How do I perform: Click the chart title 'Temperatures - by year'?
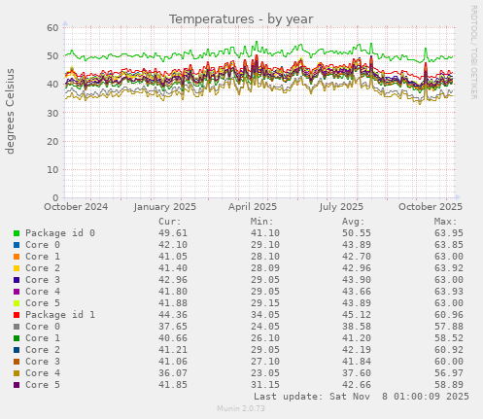pos(241,18)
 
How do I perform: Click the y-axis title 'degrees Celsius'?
pos(12,112)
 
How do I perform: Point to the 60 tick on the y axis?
pos(52,27)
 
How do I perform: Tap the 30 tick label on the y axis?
pos(52,113)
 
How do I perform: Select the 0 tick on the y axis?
pos(55,198)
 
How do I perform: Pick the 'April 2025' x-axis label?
pos(252,207)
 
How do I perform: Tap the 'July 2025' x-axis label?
pos(341,207)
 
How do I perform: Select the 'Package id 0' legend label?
pos(60,233)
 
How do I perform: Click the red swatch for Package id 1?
pos(17,315)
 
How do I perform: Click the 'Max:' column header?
pos(446,222)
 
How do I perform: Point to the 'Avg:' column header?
pos(354,222)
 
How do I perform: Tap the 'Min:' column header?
pos(261,222)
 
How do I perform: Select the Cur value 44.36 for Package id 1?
pos(172,315)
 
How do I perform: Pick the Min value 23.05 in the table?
pos(261,373)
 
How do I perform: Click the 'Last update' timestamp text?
pos(361,397)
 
